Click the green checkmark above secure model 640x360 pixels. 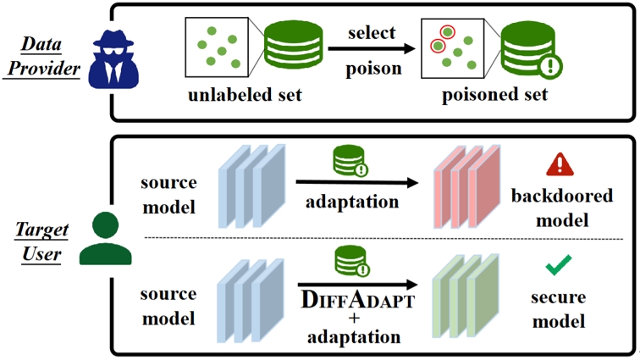click(557, 269)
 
